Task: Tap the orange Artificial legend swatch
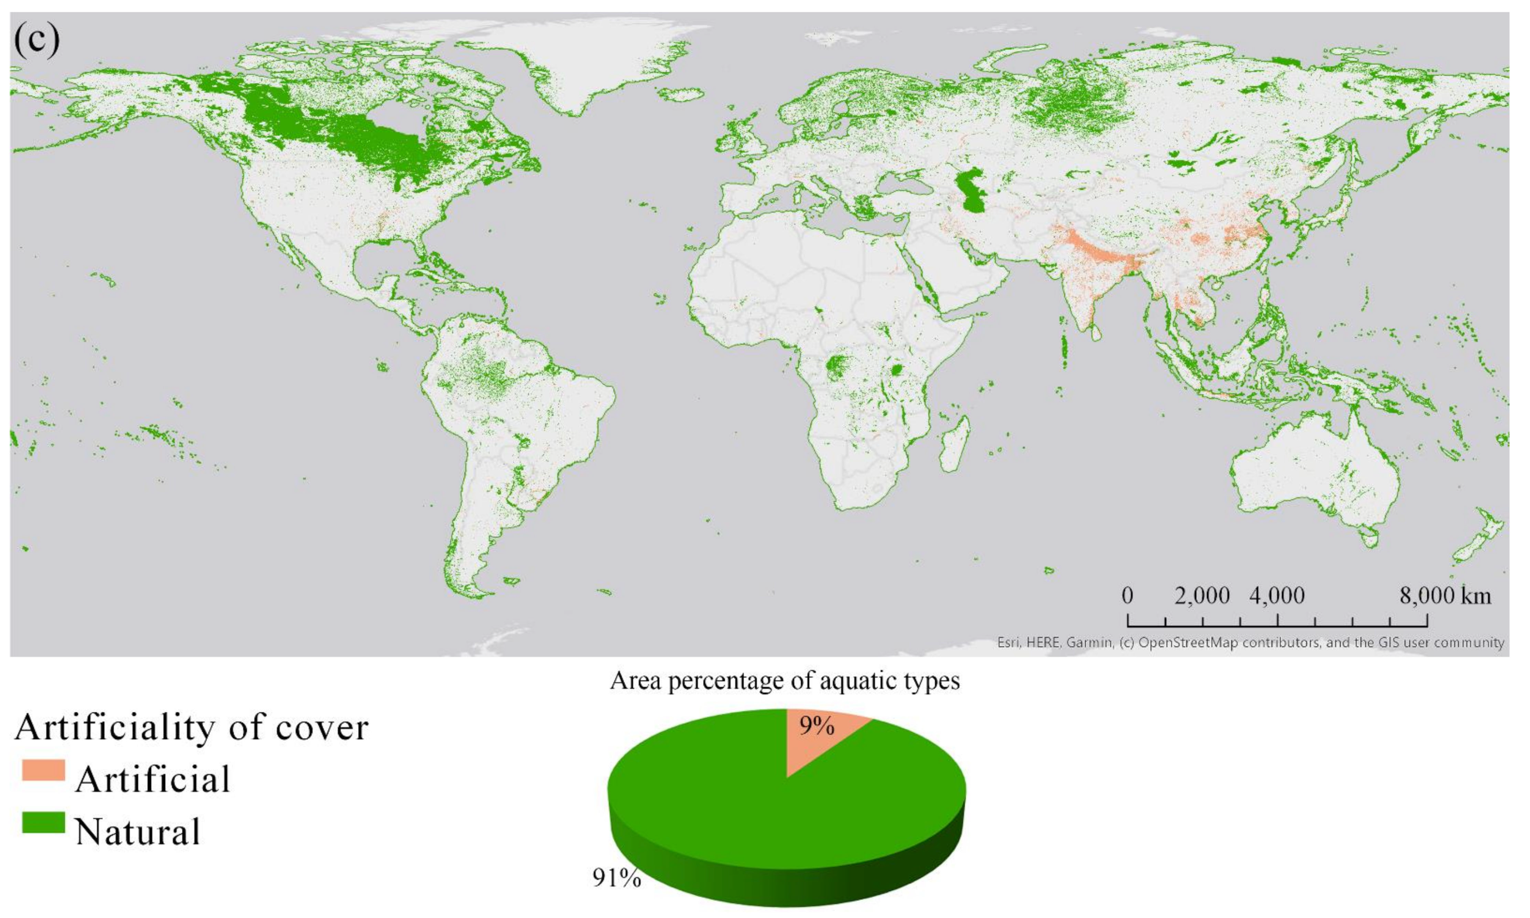43,770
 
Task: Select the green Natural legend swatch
43,823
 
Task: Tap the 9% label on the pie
816,726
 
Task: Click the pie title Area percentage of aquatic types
785,681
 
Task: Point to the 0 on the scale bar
1128,596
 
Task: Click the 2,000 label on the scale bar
1202,596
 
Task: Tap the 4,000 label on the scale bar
1277,596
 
